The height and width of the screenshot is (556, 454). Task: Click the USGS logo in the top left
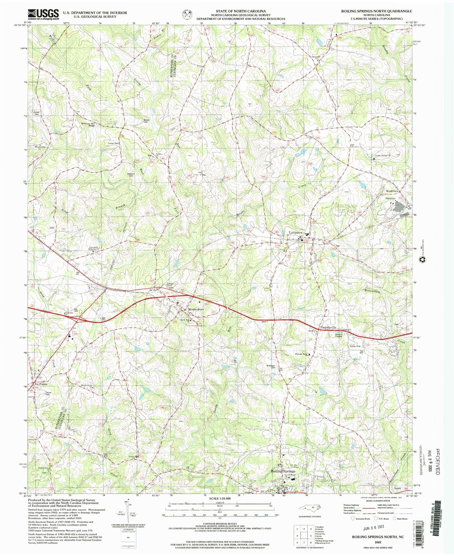(x=43, y=14)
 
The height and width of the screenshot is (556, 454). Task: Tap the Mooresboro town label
(x=196, y=309)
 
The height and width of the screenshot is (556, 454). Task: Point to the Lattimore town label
(x=295, y=233)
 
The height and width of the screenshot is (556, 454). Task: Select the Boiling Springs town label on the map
(x=283, y=471)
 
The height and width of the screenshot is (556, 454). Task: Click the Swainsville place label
(x=328, y=327)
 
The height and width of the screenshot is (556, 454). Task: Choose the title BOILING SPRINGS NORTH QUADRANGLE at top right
(x=376, y=11)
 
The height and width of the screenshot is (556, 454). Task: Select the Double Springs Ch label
(x=382, y=155)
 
